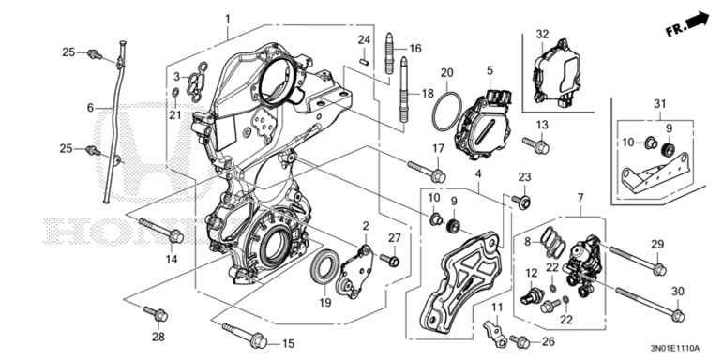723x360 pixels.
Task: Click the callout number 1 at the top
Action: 227,19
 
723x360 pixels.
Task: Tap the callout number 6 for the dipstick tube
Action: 91,108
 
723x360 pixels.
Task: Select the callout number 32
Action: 542,35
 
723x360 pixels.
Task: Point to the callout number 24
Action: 365,38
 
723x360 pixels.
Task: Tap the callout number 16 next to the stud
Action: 415,48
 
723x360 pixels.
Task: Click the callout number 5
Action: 489,70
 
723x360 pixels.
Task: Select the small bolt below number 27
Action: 392,260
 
